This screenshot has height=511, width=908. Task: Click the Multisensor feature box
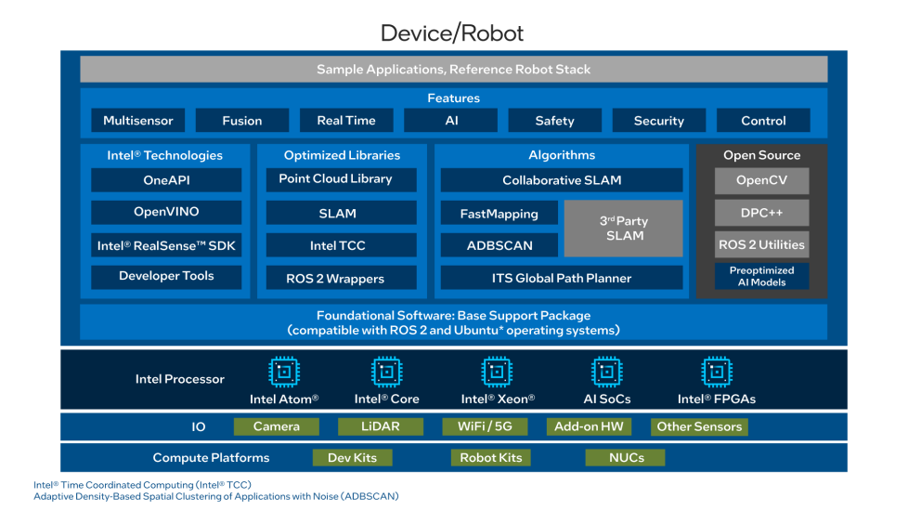(138, 121)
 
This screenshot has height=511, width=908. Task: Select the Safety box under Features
(554, 121)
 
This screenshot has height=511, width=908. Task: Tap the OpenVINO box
(166, 212)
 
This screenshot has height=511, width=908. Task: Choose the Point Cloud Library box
(336, 179)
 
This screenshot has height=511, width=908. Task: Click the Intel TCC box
(337, 245)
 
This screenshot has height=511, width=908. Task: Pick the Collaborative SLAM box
(561, 180)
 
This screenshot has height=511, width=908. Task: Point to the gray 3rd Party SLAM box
(623, 229)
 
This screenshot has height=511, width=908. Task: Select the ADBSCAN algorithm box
(499, 245)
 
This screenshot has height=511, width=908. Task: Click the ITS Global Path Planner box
(561, 278)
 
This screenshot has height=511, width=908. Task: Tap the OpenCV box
(761, 180)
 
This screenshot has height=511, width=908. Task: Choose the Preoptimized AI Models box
(761, 276)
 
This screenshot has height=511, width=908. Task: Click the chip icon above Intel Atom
(284, 373)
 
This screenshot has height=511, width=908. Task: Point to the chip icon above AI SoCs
(608, 373)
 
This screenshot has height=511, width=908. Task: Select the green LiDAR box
(381, 426)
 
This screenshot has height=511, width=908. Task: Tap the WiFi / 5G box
(485, 426)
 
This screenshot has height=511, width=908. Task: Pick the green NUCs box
(627, 457)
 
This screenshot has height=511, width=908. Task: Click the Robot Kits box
(491, 457)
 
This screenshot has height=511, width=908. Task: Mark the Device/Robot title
(452, 33)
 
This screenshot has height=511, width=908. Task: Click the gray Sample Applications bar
(453, 70)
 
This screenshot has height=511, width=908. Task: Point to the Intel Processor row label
(180, 379)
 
